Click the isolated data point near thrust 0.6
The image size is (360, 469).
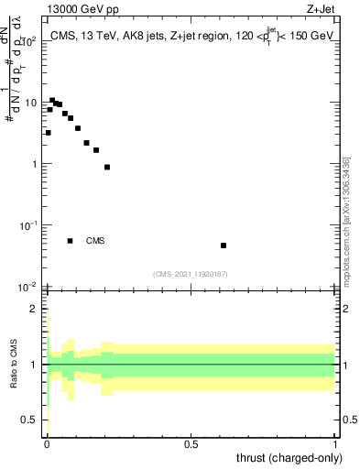[x=224, y=245]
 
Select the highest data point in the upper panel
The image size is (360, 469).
[x=52, y=100]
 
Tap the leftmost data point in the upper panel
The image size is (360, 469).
[x=48, y=133]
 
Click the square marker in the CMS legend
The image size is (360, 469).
[x=71, y=241]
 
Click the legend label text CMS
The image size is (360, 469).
[x=95, y=241]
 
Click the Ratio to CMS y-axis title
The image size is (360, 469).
[x=14, y=365]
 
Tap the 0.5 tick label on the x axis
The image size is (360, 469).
[x=191, y=444]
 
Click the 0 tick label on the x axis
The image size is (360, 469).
[x=47, y=444]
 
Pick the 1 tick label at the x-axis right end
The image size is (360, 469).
[x=335, y=444]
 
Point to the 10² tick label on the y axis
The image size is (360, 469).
[x=29, y=41]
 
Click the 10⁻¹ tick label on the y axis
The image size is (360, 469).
[x=29, y=225]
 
